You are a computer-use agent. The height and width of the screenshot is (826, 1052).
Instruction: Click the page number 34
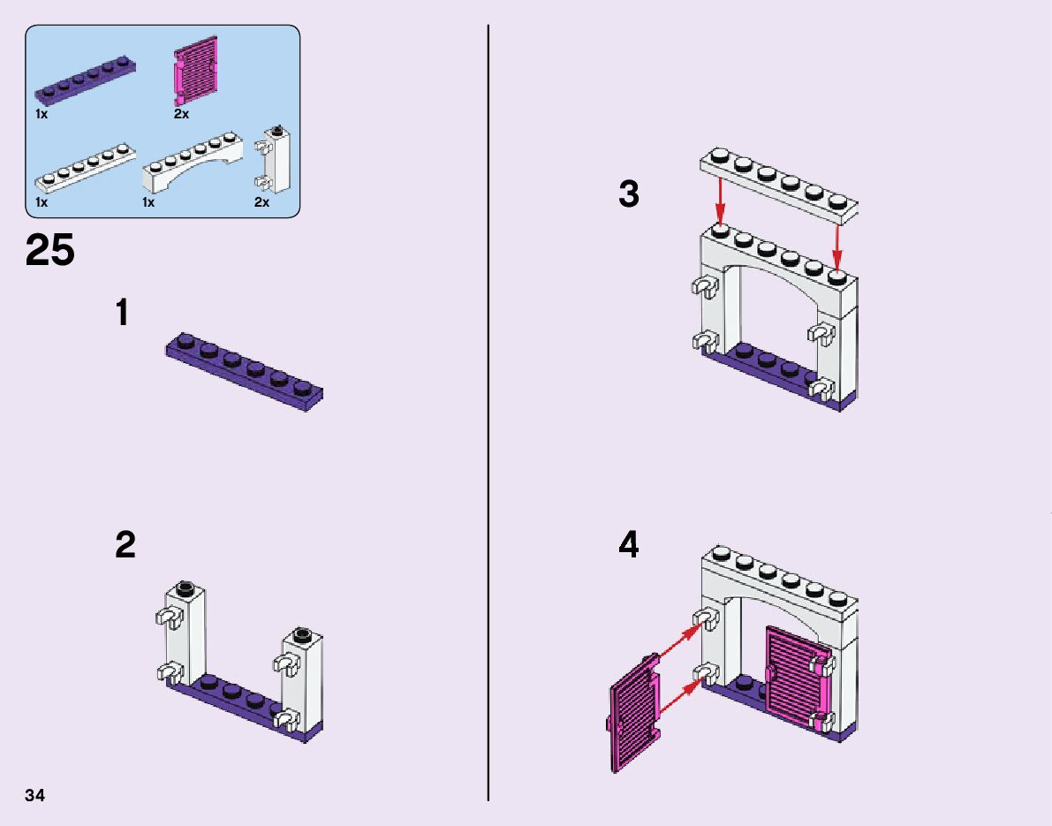point(35,796)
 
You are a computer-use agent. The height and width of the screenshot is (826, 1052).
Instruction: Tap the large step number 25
point(50,251)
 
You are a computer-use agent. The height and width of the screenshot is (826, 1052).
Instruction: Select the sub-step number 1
point(123,314)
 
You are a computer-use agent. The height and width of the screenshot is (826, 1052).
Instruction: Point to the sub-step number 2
point(125,545)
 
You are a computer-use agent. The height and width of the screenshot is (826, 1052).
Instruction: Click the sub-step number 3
point(628,194)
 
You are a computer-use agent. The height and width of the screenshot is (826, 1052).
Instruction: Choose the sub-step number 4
point(628,545)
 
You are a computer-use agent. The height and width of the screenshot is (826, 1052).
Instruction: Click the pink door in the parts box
point(194,70)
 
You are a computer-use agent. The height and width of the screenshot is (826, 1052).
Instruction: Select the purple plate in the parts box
point(85,81)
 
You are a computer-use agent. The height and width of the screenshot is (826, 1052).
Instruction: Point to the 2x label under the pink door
point(181,114)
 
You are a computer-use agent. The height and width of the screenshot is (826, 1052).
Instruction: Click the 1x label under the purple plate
point(42,114)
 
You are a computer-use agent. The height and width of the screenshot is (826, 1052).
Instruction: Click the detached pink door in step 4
point(634,714)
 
